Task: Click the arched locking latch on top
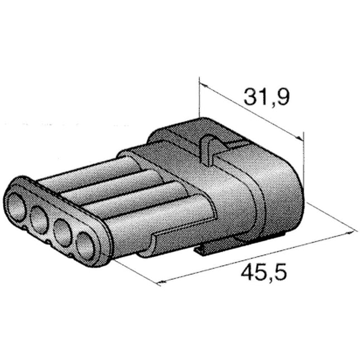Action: tap(209, 148)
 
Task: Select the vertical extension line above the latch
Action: tap(199, 100)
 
